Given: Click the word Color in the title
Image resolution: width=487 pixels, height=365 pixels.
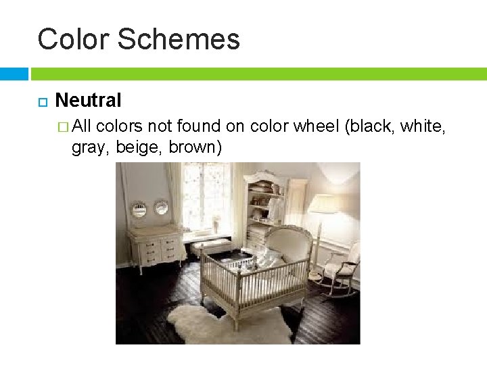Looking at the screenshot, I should [72, 39].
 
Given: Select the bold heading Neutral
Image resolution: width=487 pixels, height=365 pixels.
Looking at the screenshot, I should [88, 101].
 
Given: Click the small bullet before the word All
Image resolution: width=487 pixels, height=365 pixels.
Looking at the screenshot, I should [64, 126].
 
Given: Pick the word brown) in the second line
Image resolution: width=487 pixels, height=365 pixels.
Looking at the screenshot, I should [195, 147].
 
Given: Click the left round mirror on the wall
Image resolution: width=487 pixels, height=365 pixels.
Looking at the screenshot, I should [139, 209].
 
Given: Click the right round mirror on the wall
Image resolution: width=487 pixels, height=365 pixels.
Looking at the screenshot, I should [161, 208].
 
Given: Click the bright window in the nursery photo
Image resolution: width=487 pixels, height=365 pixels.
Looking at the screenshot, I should [206, 196].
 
